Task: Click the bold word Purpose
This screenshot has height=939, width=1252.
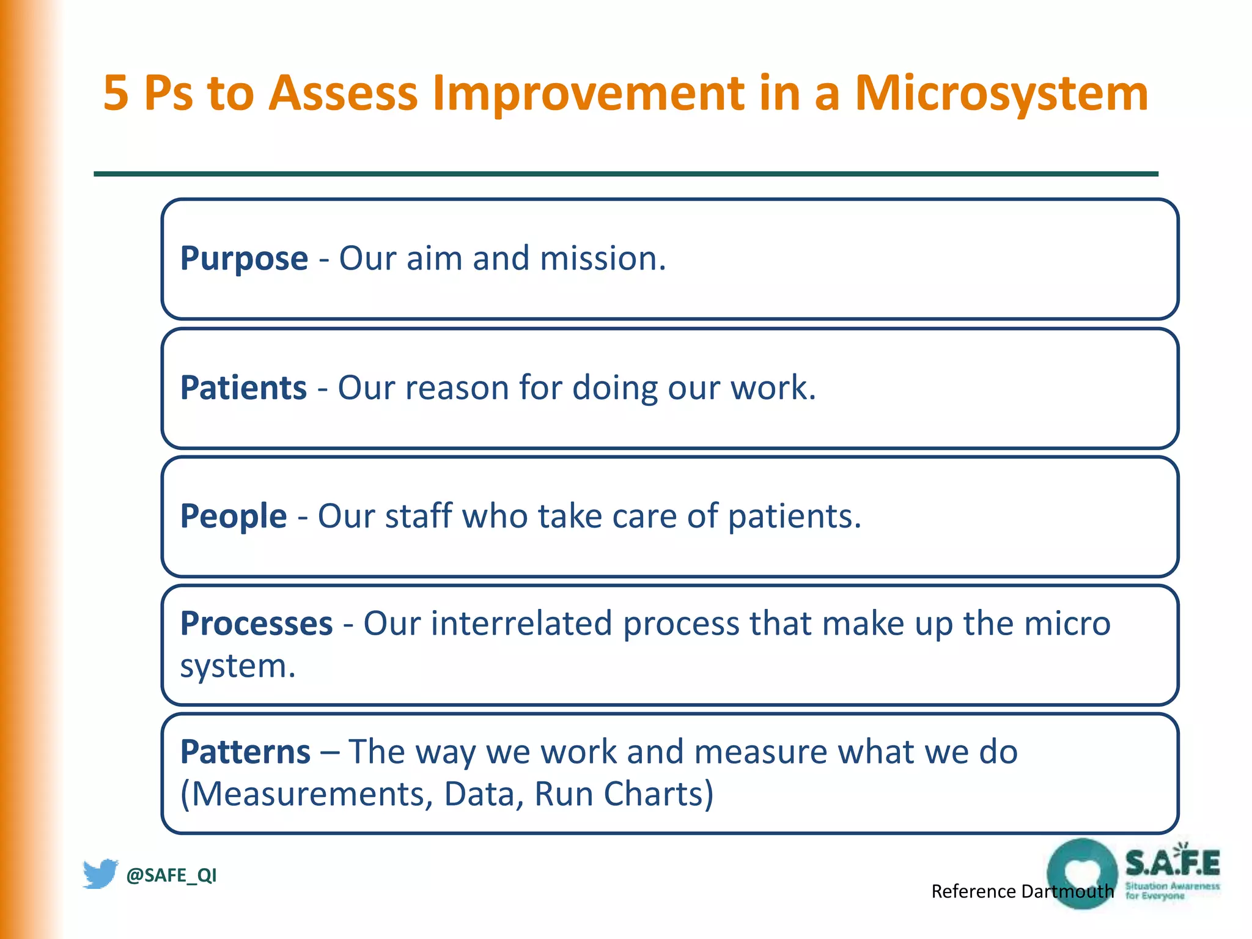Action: coord(243,259)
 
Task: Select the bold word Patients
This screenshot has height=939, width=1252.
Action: coord(243,388)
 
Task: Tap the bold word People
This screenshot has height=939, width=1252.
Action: coord(233,516)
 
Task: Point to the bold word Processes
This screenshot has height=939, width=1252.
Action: coord(256,624)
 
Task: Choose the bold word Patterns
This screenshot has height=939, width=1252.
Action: coord(245,752)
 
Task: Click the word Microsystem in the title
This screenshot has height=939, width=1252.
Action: coord(1001,93)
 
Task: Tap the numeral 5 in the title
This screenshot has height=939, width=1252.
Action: coord(116,93)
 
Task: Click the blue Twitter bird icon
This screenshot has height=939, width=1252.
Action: coord(100,874)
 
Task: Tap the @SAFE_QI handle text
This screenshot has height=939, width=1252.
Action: coord(171,875)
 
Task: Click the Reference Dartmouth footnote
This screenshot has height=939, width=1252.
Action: coord(1022,891)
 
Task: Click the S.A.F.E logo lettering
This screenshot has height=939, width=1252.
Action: coord(1173,863)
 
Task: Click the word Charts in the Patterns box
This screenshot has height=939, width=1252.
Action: coord(658,794)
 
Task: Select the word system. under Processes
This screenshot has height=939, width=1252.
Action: coord(237,666)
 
